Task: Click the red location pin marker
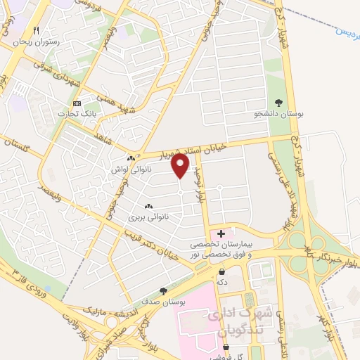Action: pos(180,165)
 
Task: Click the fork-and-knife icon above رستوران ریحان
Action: pos(37,31)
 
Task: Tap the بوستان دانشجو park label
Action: pos(278,112)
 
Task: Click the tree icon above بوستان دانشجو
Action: pos(279,102)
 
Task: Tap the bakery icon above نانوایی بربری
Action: pos(148,206)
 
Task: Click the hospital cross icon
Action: pos(221,233)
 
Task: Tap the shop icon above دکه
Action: pos(222,271)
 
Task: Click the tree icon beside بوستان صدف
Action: pos(164,290)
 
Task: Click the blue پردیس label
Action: pos(346,32)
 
